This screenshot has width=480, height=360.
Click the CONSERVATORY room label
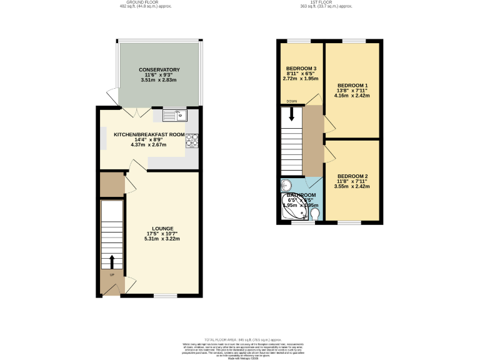coord(159,69)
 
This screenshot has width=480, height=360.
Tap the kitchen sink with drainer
coord(174,114)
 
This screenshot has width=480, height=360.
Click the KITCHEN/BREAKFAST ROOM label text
coord(149,134)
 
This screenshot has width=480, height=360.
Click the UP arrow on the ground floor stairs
coord(112,261)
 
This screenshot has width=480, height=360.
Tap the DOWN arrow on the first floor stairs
coord(291,116)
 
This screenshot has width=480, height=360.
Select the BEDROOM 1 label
coord(352,85)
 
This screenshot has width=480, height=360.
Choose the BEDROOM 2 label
coord(352,176)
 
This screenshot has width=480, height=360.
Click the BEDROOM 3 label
coord(301,69)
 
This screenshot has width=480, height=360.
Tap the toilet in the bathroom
coord(314,215)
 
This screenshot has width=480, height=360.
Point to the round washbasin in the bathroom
coord(286,185)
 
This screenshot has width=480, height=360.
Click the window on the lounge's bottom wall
coord(166,296)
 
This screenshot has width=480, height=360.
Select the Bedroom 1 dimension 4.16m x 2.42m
coord(352,96)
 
